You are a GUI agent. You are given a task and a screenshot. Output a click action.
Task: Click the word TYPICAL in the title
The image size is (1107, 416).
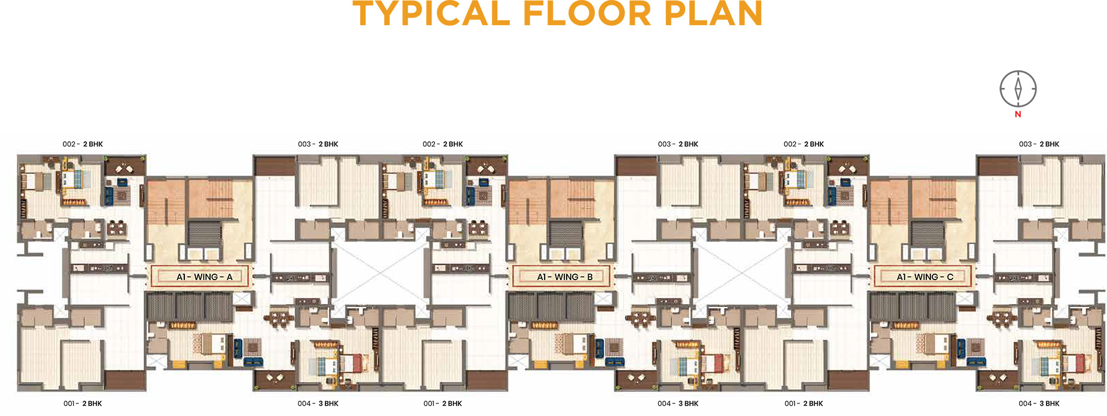[431, 13]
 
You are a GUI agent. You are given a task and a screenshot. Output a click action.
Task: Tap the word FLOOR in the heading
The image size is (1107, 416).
[587, 13]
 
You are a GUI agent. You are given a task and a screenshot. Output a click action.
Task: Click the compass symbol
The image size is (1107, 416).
[1018, 89]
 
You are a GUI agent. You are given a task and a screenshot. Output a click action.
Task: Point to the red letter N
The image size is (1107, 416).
[1018, 114]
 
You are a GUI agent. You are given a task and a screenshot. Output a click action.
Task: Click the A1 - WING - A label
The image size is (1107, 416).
[204, 277]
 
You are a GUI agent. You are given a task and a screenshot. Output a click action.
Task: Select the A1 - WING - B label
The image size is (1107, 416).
[565, 277]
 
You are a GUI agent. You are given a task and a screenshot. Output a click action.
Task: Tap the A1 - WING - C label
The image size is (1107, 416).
[925, 277]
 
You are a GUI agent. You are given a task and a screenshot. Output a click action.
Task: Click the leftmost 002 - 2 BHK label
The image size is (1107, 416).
[83, 144]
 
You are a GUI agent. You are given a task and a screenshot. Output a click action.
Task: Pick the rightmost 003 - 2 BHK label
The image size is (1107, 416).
[1039, 144]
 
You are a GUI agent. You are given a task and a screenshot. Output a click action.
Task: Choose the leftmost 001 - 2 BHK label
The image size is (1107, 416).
[83, 403]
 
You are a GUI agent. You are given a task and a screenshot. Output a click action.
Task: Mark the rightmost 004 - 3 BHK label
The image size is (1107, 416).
[1039, 403]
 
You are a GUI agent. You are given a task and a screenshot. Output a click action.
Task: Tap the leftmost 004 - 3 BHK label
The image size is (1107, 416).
[318, 403]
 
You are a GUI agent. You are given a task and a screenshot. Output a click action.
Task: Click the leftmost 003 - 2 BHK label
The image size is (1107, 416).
[318, 144]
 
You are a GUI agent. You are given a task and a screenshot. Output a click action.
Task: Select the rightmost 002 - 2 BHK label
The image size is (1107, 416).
[804, 144]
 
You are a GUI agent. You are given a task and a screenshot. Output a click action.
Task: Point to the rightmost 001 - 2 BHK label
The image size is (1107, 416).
[804, 403]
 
